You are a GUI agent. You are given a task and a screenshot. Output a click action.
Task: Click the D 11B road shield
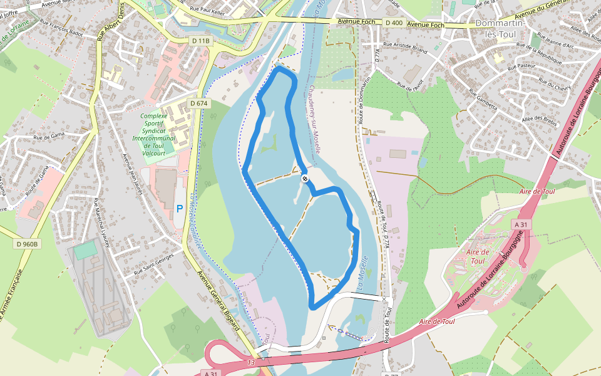click(x=201, y=41)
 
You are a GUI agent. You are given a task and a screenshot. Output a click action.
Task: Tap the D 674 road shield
click(x=198, y=103)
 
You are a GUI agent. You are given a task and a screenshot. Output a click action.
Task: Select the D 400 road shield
click(x=394, y=23)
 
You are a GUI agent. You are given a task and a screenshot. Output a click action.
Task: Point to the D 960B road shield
click(x=28, y=244)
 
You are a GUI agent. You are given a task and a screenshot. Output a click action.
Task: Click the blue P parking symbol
click(x=180, y=209)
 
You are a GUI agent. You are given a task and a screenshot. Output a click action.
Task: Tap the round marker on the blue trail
click(x=305, y=179)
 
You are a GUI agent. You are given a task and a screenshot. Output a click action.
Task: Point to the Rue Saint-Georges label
click(x=153, y=264)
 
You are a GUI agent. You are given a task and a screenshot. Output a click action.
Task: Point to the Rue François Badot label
click(x=61, y=28)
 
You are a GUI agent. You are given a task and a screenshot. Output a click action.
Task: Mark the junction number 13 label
click(x=251, y=362)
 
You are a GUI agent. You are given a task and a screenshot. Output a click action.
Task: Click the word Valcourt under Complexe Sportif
click(x=153, y=153)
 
